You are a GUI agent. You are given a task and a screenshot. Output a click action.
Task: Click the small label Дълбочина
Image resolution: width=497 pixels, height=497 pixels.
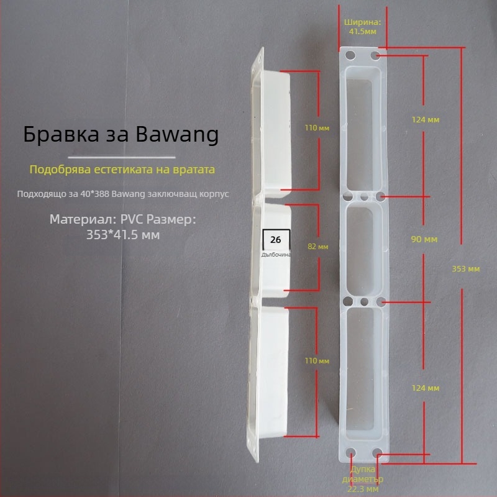pyautogui.click(x=276, y=254)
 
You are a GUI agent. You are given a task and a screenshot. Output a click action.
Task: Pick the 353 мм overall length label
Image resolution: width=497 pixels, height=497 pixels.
pyautogui.click(x=465, y=269)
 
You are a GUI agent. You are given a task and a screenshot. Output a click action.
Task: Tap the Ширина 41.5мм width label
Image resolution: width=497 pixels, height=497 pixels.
pyautogui.click(x=363, y=25)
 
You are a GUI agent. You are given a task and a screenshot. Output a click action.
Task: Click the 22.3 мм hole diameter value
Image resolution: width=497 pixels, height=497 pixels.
pyautogui.click(x=363, y=489)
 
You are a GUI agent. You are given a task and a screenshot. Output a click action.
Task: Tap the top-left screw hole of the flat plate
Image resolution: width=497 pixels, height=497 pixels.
pyautogui.click(x=350, y=56)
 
